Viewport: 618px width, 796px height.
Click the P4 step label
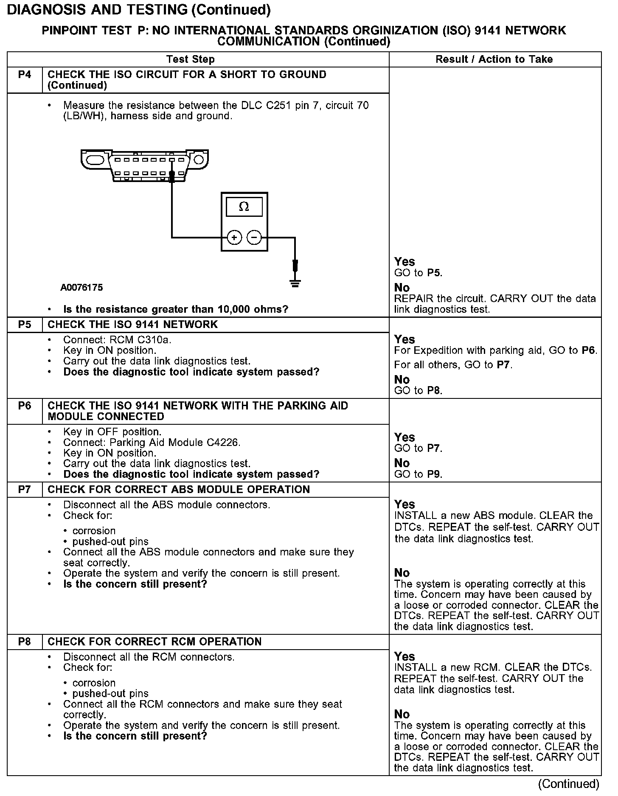tap(25, 75)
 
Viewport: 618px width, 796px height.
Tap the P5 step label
tap(25, 325)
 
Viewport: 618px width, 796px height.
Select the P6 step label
tap(25, 406)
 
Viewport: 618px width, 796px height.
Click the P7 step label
tap(25, 490)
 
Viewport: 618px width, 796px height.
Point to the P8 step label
tap(25, 642)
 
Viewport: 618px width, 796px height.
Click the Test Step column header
tap(191, 59)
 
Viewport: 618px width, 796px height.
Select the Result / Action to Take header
tap(494, 59)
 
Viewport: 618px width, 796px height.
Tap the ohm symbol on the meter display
tap(244, 207)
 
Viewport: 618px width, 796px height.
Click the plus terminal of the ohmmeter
tap(234, 238)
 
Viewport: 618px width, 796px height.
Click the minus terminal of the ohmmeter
tap(254, 238)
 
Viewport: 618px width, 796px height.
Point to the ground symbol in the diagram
tap(295, 283)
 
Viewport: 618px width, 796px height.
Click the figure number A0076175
tap(81, 288)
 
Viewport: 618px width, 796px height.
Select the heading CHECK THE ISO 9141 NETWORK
tap(132, 325)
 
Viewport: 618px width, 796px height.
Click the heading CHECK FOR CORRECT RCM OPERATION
tap(154, 642)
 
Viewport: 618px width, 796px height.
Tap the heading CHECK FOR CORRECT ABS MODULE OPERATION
tap(179, 490)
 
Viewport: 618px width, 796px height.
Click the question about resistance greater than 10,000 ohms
tap(176, 309)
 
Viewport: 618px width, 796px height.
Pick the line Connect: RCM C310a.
tap(117, 340)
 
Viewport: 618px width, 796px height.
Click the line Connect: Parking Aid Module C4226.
tap(152, 443)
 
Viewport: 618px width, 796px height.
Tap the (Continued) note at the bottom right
tap(569, 783)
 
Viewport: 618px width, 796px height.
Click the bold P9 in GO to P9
tap(434, 474)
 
